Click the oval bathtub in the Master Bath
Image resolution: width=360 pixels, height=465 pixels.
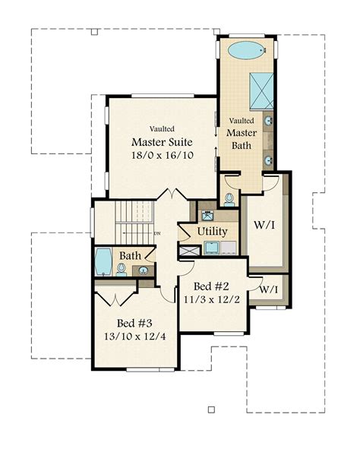click(247, 52)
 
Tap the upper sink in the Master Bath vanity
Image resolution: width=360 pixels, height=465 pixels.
click(269, 122)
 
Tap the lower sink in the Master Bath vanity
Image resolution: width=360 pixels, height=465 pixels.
click(269, 160)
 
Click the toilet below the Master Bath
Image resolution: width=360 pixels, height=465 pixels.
click(229, 200)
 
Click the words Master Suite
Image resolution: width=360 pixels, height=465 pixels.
click(161, 142)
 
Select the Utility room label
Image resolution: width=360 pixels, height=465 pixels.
click(212, 231)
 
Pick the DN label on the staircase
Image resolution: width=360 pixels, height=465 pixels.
click(157, 233)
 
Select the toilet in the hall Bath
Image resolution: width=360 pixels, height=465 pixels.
click(122, 268)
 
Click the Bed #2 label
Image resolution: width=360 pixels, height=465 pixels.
click(212, 286)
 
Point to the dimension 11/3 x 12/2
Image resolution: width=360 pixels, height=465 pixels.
click(212, 300)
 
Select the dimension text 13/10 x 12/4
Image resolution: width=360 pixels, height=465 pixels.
click(135, 336)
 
